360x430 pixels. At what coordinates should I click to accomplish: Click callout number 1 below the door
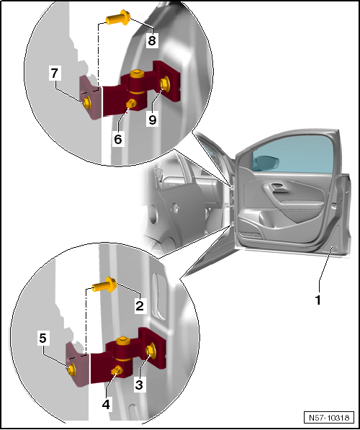318,300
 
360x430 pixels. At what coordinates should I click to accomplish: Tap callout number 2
140,305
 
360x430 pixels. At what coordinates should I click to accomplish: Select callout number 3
139,385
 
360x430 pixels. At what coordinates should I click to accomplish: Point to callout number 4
106,405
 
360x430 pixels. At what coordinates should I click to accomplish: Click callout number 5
42,338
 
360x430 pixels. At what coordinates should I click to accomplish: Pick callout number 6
118,139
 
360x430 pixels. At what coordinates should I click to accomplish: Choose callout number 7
55,73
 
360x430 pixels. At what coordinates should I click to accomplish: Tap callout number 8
152,40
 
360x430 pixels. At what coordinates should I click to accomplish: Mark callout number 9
153,120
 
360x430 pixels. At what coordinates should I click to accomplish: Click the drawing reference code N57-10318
329,417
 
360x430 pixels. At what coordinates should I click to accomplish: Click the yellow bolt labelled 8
118,18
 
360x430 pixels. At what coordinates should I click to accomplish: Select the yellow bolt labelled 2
104,285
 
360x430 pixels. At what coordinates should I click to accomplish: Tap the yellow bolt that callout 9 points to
164,84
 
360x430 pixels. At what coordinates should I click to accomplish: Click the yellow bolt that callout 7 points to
87,102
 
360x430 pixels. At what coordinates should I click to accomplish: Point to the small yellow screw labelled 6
131,104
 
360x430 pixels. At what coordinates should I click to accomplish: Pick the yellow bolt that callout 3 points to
150,351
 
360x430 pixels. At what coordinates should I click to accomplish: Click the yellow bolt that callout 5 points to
71,369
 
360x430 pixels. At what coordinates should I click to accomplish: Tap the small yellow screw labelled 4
117,371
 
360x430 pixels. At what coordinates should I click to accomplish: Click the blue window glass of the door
293,154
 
